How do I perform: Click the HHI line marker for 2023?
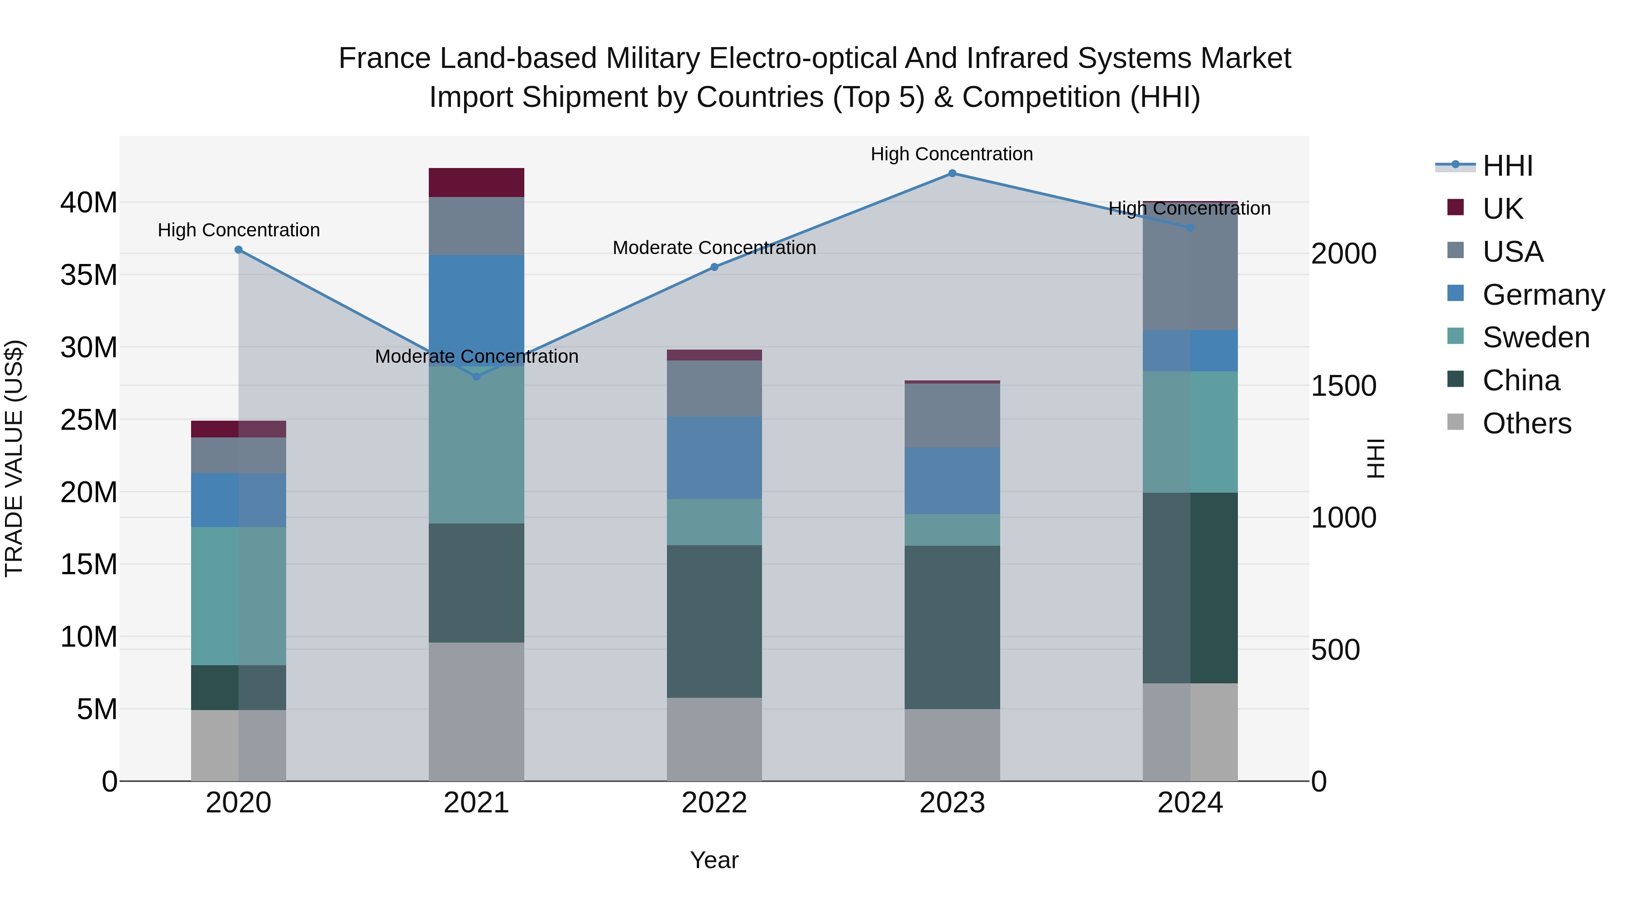(952, 173)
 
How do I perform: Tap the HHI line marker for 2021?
(476, 377)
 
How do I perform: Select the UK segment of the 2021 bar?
(476, 182)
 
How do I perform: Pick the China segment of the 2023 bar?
(952, 627)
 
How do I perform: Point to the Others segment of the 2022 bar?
(714, 739)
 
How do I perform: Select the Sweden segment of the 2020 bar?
(239, 595)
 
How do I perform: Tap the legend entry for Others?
(1526, 423)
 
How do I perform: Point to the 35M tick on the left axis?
(89, 275)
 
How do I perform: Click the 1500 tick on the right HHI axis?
(1343, 386)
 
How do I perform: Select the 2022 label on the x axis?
(714, 803)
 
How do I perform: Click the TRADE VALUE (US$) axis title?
(14, 458)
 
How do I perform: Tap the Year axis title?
(714, 860)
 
